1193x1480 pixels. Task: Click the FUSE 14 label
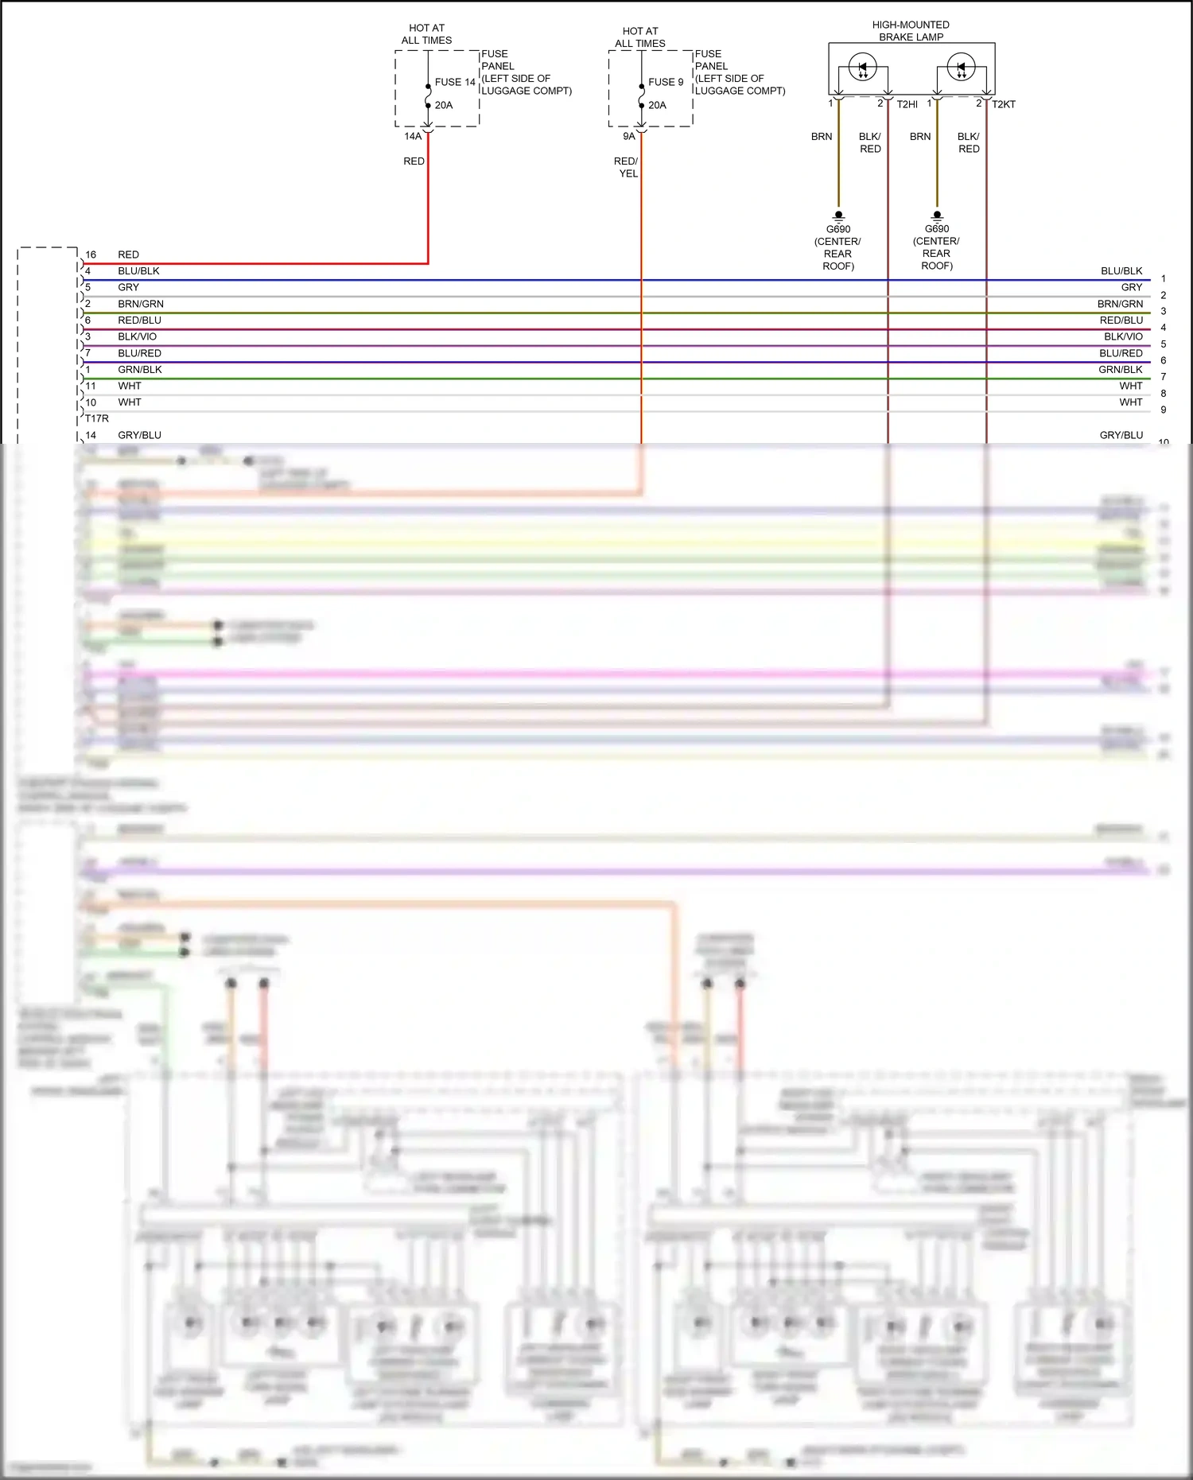(455, 82)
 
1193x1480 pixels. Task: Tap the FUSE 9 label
(666, 82)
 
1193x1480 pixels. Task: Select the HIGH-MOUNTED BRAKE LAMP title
(911, 31)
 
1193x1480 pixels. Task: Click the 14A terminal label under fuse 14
(413, 136)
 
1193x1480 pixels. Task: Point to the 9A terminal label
(629, 136)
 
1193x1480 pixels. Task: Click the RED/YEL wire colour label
(627, 167)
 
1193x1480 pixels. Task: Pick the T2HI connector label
(907, 104)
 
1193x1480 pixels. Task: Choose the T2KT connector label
(1003, 104)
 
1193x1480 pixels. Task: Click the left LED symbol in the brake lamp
(863, 68)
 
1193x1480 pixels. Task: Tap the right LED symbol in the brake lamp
(962, 68)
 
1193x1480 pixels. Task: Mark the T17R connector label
(97, 418)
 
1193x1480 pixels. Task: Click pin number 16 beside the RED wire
(91, 254)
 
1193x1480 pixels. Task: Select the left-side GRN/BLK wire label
(140, 369)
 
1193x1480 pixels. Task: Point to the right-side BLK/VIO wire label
(1123, 336)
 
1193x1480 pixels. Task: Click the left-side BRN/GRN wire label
(141, 304)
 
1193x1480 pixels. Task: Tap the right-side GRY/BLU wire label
(1121, 435)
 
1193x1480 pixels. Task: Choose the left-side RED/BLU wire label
(140, 320)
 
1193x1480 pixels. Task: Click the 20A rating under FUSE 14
(444, 105)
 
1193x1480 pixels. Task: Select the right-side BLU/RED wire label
(1121, 353)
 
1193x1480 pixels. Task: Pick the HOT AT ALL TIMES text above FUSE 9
(640, 37)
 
